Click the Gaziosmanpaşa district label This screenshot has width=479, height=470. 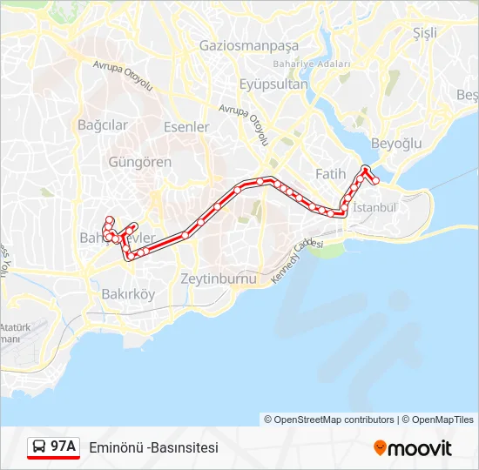[248, 45]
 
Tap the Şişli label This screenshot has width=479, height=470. [425, 32]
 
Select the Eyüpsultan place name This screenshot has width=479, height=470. [273, 84]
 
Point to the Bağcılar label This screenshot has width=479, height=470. [103, 125]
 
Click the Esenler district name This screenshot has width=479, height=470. [186, 127]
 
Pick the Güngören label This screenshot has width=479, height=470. [139, 162]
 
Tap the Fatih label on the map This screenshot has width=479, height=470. [330, 174]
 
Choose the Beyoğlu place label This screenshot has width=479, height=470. [396, 143]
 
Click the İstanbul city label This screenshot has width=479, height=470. [374, 208]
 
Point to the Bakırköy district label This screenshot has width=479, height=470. [128, 294]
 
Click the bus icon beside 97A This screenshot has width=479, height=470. [39, 447]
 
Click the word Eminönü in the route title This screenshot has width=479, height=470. [116, 447]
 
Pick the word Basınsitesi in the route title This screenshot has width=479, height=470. [185, 447]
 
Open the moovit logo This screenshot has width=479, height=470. [413, 448]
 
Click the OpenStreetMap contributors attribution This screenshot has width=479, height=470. [334, 420]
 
